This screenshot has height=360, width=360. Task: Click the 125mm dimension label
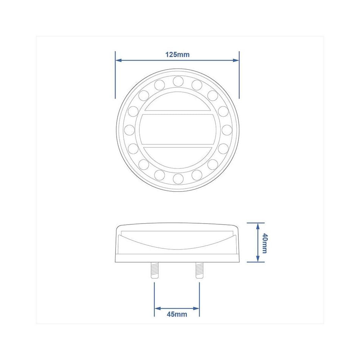point(177,55)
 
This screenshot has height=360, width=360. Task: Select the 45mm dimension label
point(177,314)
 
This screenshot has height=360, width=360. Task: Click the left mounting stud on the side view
point(154,270)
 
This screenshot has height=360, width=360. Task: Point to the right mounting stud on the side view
point(199,270)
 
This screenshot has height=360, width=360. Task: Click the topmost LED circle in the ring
point(178,81)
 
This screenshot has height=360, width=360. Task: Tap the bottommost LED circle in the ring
point(178,179)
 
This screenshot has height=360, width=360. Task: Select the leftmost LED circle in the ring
point(129,130)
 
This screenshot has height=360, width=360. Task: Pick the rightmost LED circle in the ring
point(227,130)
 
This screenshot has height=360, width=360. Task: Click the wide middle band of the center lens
point(178,130)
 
